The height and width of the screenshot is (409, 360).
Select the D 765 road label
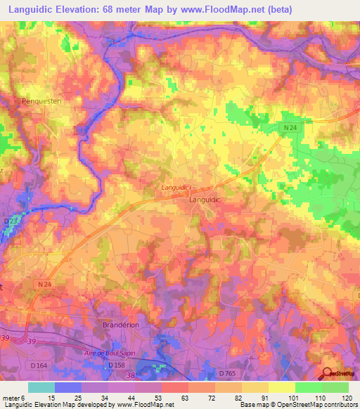(229, 372)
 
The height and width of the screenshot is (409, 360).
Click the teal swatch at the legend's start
(41, 387)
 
